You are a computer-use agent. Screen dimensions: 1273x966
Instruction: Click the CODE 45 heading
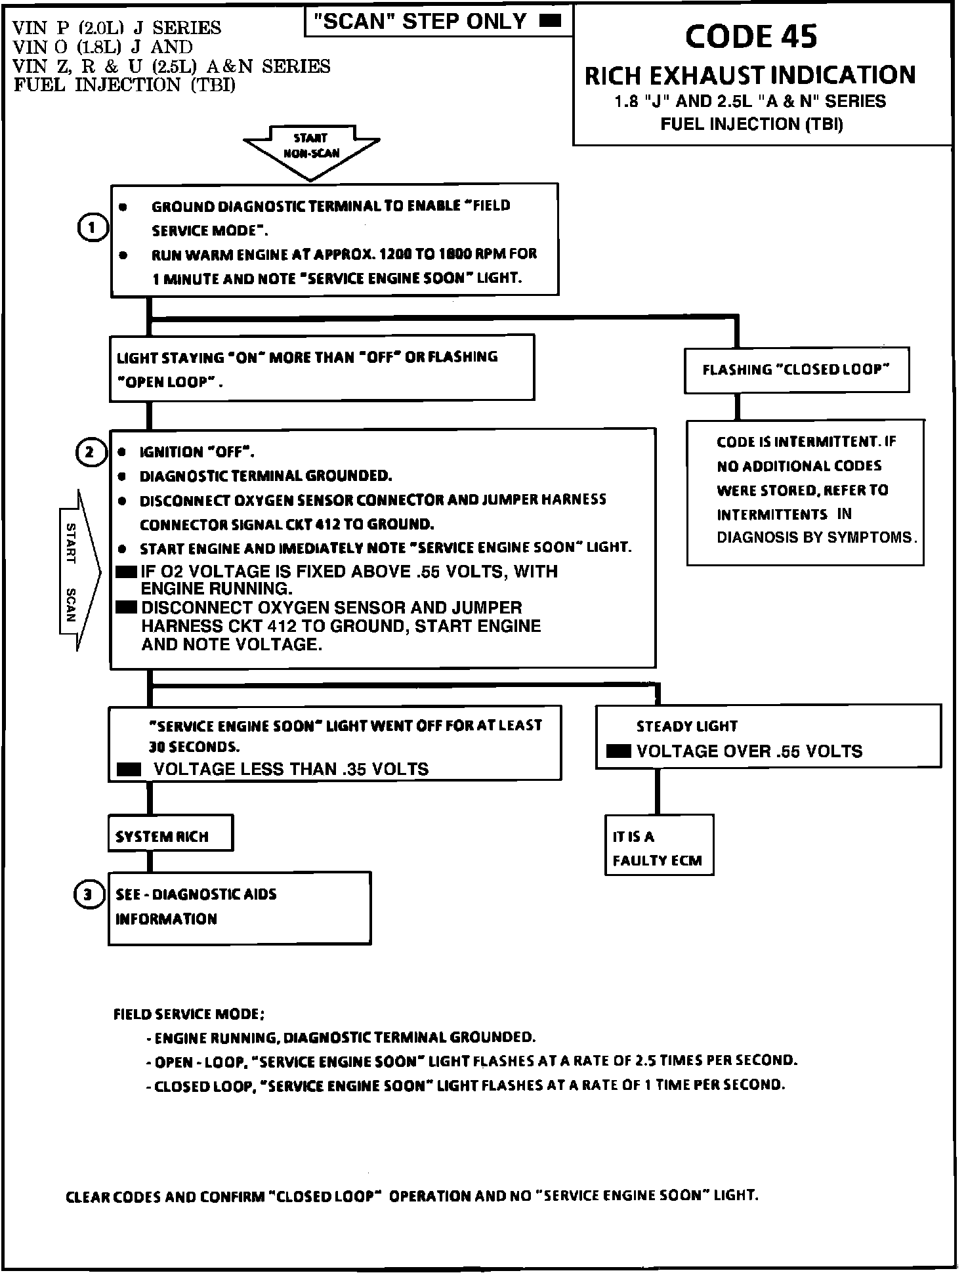tap(751, 37)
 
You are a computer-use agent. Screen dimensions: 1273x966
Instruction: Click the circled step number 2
tap(91, 452)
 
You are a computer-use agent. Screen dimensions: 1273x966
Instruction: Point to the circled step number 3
tap(89, 894)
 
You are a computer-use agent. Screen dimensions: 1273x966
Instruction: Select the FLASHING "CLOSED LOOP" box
tap(796, 370)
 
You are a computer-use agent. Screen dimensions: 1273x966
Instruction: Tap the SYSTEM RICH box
tap(170, 833)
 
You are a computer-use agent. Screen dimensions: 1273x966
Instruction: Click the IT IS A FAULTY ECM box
tap(658, 845)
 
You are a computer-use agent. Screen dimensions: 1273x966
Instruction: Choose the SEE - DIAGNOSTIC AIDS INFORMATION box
tap(239, 908)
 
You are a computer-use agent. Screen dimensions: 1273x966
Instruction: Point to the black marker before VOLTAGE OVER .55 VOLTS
tap(618, 751)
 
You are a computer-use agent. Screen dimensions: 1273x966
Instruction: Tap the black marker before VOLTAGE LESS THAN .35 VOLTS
tap(129, 769)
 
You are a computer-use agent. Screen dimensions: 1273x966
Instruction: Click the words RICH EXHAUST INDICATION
tap(750, 75)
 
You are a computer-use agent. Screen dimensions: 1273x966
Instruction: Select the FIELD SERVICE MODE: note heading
tap(189, 1014)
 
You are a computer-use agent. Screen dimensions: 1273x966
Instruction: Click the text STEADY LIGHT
tap(686, 726)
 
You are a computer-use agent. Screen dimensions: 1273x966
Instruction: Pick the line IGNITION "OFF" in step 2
tap(197, 452)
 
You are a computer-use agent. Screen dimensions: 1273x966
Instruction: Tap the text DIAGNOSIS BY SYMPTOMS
tap(816, 537)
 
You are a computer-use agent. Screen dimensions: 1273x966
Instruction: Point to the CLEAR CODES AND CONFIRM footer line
tap(411, 1196)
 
